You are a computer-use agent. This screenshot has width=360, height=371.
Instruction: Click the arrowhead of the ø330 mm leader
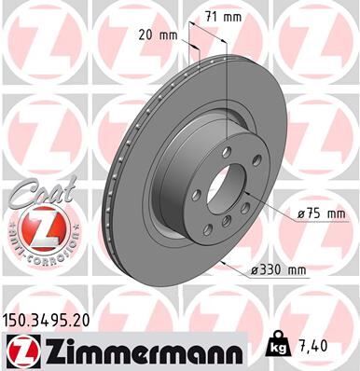[x=228, y=260]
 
